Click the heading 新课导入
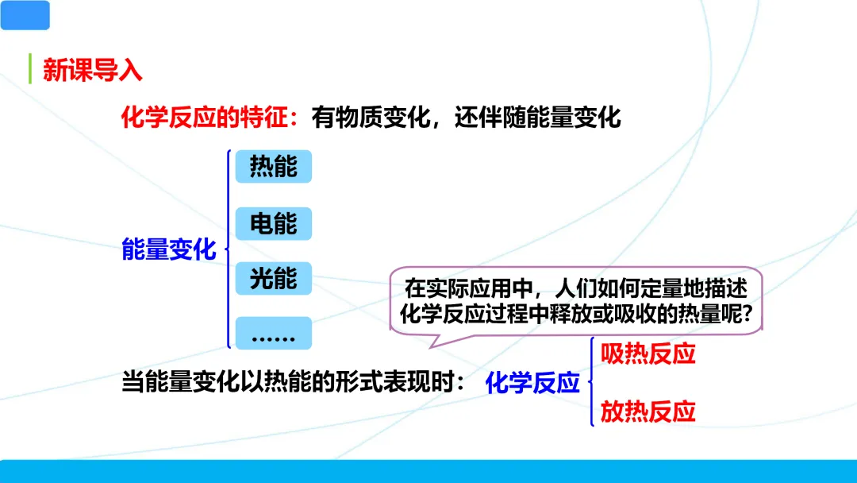(x=92, y=70)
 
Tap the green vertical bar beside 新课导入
(x=29, y=69)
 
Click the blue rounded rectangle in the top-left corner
(x=25, y=15)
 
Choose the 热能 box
(x=274, y=167)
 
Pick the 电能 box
(x=274, y=224)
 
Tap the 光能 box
(x=274, y=279)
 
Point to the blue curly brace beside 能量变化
(x=229, y=249)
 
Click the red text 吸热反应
(x=648, y=354)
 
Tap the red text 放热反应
(x=648, y=412)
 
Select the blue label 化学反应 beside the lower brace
(x=532, y=384)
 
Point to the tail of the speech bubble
(x=432, y=340)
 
